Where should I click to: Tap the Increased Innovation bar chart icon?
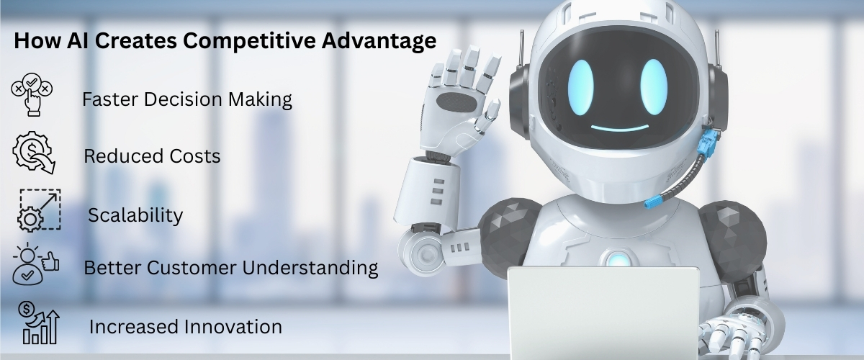tap(39, 325)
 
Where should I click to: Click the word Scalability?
tap(135, 215)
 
